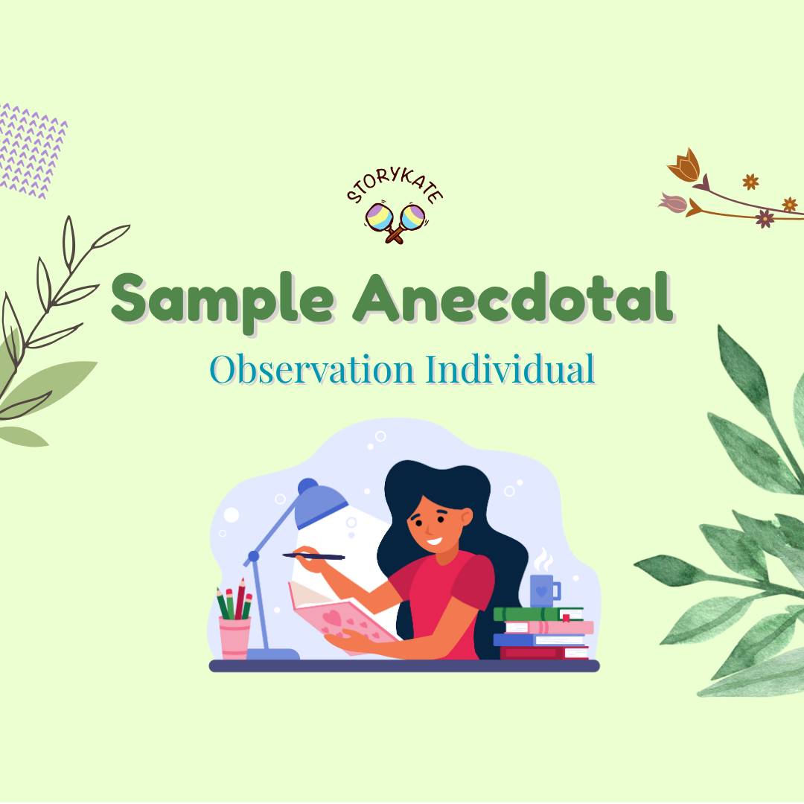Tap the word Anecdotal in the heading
(x=513, y=297)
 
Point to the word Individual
(x=510, y=368)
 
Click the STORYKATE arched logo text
(x=395, y=185)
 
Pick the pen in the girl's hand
(x=313, y=556)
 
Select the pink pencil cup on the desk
(x=234, y=637)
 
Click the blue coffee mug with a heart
(x=544, y=590)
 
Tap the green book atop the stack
(x=538, y=613)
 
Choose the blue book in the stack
(x=539, y=640)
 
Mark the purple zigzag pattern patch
(x=31, y=150)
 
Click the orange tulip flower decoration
(x=685, y=165)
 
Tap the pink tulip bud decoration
(x=673, y=203)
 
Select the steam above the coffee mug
(x=543, y=560)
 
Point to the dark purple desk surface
(x=404, y=666)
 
